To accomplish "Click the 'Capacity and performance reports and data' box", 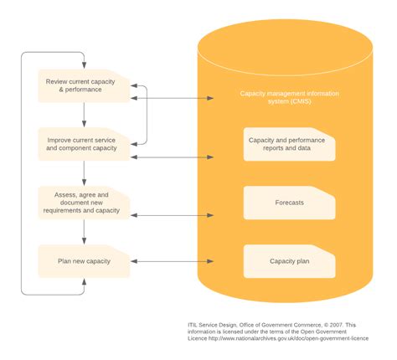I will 289,144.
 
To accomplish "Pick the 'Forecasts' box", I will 289,203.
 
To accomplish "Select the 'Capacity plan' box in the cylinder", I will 289,261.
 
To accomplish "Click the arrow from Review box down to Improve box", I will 84,115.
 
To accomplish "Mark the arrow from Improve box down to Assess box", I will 84,173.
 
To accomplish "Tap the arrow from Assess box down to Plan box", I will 84,232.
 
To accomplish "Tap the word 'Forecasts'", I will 289,203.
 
